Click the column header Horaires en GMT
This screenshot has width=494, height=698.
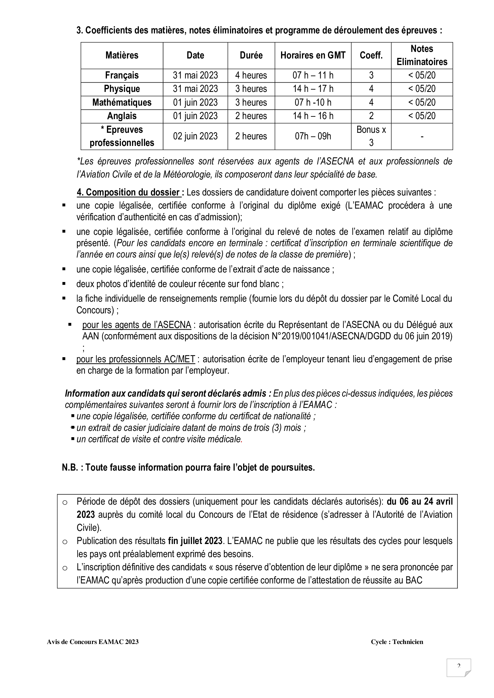tap(313, 55)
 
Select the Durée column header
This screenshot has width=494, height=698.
tap(251, 55)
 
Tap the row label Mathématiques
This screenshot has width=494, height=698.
tap(122, 102)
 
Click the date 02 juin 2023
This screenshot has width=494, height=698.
tap(195, 136)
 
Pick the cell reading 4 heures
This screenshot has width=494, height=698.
tap(251, 75)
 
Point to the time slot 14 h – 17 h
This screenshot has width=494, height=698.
tap(313, 89)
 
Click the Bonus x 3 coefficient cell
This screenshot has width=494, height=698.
tap(371, 136)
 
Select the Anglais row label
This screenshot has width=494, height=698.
tap(122, 116)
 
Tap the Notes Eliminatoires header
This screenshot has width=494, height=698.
tap(422, 55)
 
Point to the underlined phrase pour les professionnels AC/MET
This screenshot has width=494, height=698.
tap(135, 359)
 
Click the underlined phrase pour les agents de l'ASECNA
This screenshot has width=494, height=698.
tap(136, 325)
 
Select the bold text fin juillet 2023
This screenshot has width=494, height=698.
tap(195, 541)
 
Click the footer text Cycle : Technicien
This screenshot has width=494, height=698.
tap(397, 642)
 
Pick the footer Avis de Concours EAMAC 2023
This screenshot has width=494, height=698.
tap(93, 642)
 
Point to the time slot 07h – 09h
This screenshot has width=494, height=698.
tap(313, 136)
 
